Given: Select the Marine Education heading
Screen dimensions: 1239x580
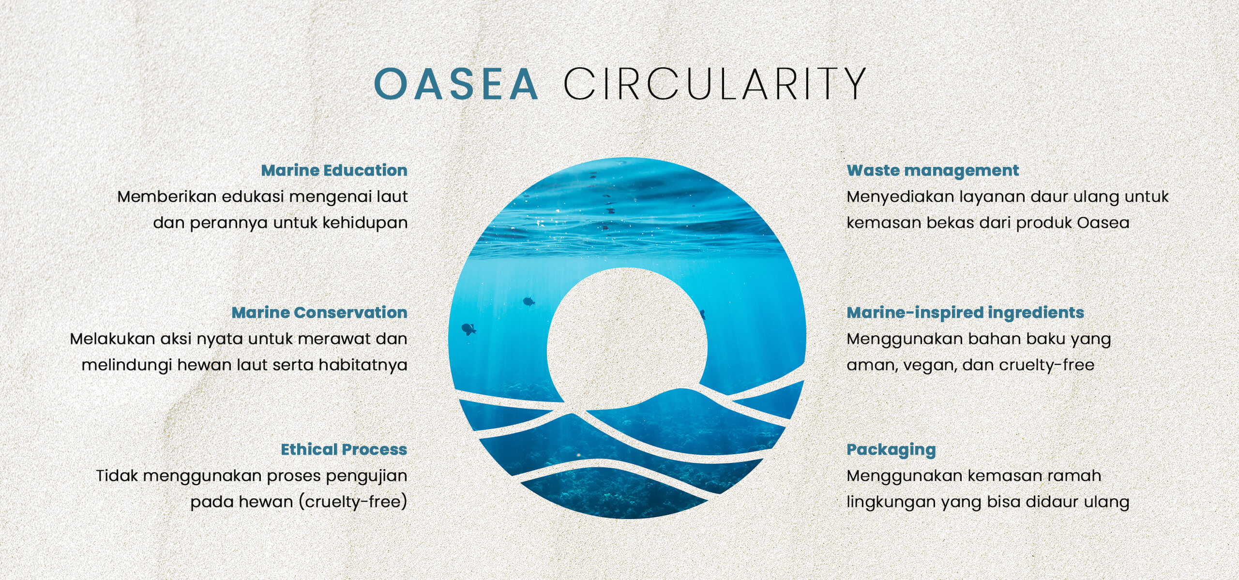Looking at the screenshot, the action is coord(334,170).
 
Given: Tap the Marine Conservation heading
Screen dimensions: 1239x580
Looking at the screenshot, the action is coord(319,312).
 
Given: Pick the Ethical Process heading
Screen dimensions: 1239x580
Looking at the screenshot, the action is coord(344,449).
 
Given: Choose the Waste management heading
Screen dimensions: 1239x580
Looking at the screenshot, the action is coord(933,170).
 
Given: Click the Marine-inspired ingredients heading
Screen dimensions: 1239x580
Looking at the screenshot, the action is coord(965,312).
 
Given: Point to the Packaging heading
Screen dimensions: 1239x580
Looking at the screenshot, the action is coord(891,450).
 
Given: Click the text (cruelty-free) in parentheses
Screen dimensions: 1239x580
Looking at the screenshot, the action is coord(353,502).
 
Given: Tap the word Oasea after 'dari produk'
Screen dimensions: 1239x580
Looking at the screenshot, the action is coord(1103,223).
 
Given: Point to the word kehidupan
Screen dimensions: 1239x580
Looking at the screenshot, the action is coord(365,223).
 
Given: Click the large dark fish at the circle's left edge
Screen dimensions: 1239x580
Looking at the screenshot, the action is coord(468,329).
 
